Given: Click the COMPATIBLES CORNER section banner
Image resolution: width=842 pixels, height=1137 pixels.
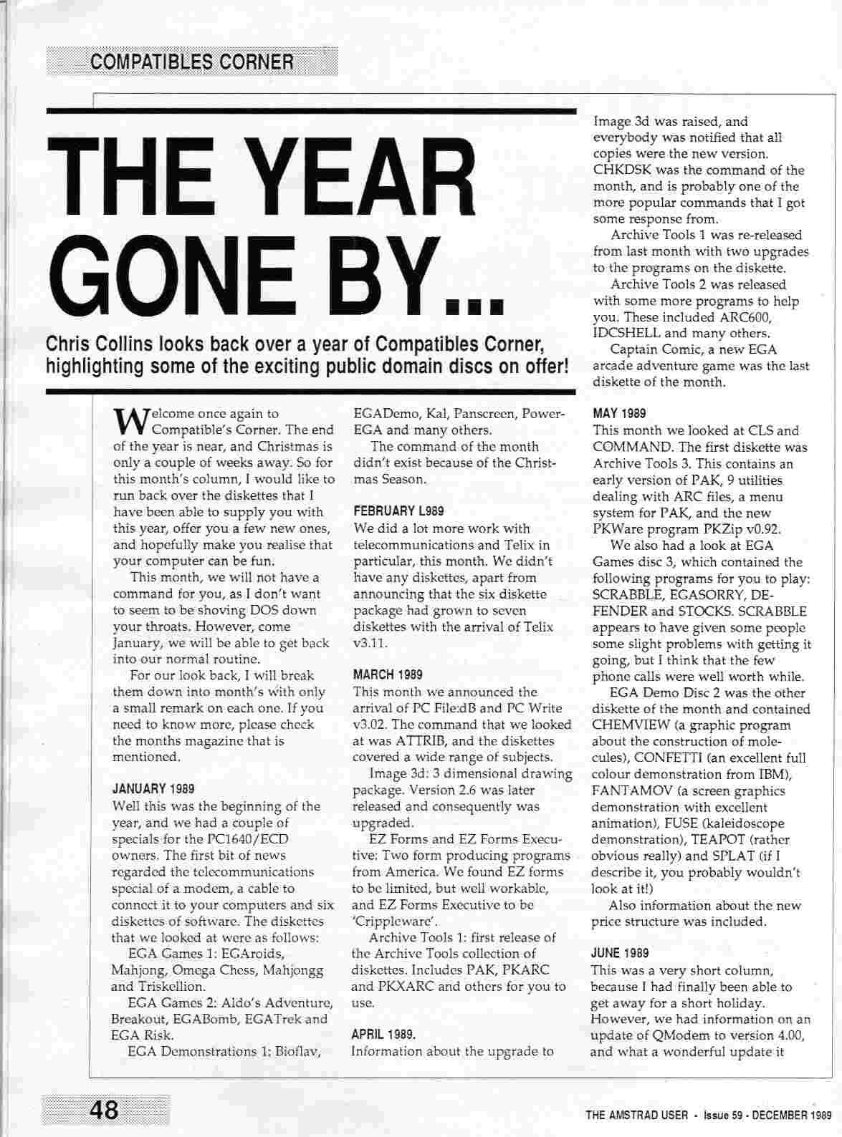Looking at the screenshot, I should [x=191, y=62].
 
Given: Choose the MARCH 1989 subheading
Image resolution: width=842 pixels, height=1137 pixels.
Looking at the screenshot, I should [x=388, y=674].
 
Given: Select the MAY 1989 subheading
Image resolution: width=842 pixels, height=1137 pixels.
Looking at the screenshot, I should [x=620, y=413].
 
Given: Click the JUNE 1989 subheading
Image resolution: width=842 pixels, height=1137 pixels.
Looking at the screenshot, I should [x=621, y=953].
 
